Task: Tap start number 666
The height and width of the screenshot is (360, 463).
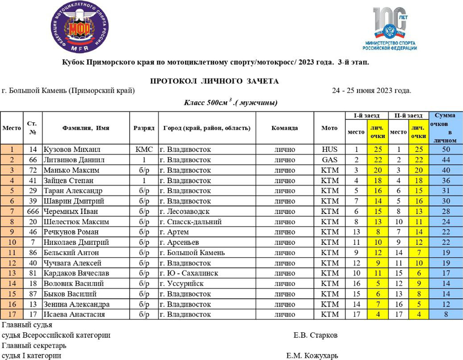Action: click(32, 211)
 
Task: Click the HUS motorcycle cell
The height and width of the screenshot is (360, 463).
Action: click(329, 149)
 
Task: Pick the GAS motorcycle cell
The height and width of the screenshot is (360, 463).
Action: click(329, 159)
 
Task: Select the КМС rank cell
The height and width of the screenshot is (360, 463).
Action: click(144, 149)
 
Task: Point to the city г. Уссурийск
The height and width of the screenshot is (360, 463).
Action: click(183, 283)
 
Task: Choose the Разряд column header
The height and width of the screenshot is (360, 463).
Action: click(144, 128)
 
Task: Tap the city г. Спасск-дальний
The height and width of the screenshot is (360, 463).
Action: click(191, 222)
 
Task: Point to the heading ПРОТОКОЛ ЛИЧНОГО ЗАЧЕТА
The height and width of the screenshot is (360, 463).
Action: click(214, 81)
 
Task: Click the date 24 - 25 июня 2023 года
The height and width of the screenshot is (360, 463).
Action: click(371, 91)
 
